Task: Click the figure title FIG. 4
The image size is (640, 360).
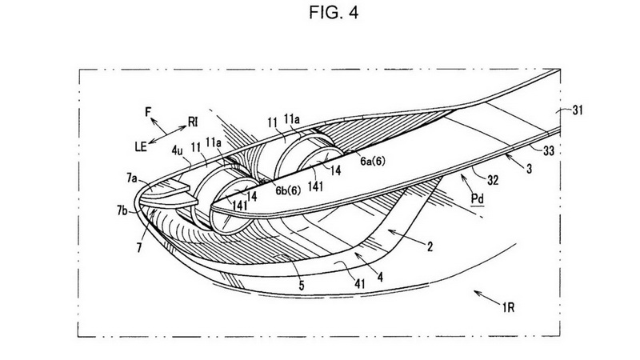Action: point(334,12)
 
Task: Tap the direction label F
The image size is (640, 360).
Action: point(148,111)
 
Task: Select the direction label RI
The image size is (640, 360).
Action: point(193,122)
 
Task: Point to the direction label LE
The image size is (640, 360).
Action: point(141,146)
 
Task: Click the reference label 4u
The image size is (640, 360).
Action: point(177,150)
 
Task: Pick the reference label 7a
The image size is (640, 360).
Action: point(132,178)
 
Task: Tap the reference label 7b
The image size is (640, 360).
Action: point(122,211)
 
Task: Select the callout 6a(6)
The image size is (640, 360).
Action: point(372,162)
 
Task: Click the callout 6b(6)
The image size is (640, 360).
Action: point(288,190)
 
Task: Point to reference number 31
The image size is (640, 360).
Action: point(577,110)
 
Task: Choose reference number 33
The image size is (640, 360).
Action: point(549,151)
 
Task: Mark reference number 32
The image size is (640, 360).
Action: point(493,180)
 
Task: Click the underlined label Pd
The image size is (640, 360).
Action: point(478,199)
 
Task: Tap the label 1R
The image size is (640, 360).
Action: point(509,307)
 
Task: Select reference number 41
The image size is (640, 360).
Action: point(359,284)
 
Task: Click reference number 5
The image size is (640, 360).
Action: point(302,286)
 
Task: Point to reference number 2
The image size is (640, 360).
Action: point(430,246)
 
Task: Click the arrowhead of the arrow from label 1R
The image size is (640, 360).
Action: point(475,292)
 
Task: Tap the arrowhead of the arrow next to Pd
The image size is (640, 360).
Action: point(462,176)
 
